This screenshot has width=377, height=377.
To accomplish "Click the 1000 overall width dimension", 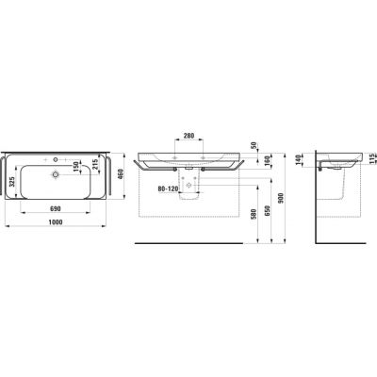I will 58,222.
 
